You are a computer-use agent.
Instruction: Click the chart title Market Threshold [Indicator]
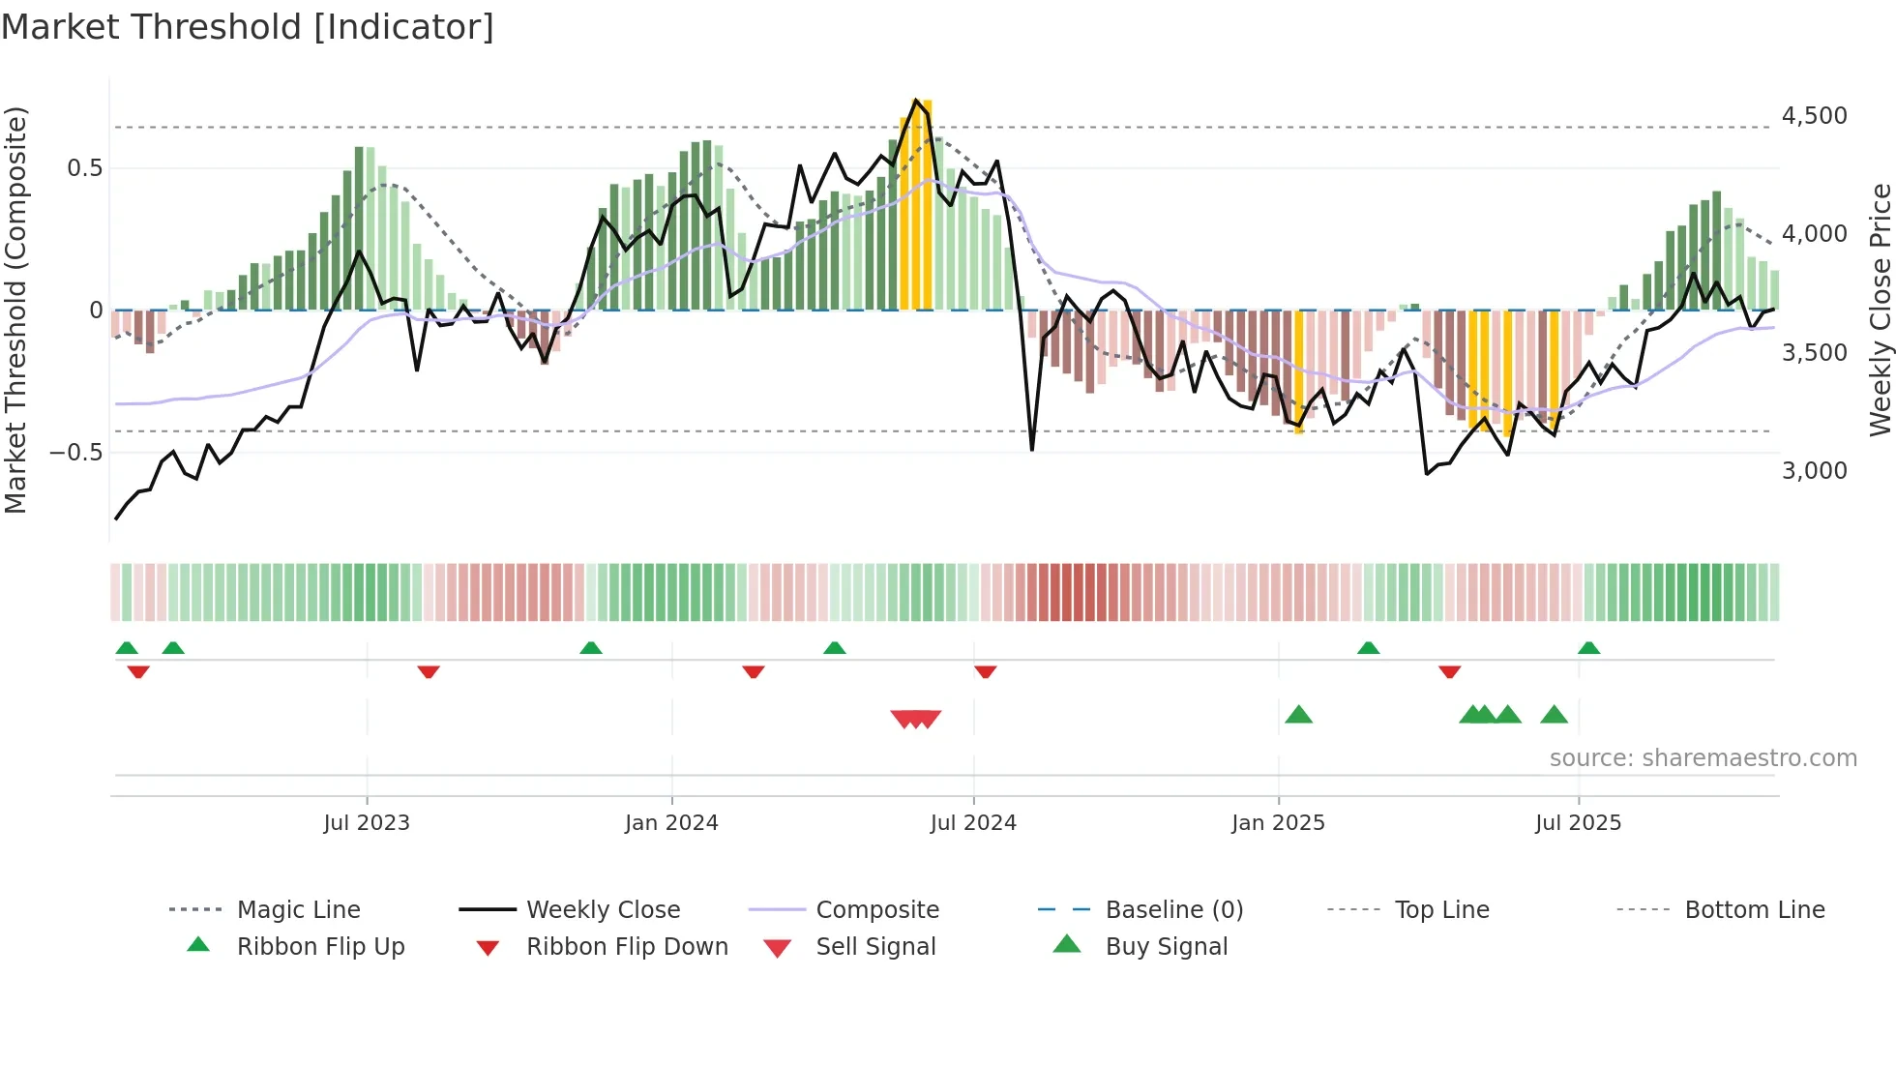pos(248,27)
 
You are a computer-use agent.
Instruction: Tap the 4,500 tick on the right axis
pos(1814,116)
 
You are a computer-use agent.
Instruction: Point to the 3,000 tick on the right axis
pos(1814,471)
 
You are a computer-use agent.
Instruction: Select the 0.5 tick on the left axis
pos(84,168)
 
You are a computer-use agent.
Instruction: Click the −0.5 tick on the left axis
pos(76,453)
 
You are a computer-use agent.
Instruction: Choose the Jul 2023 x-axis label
pos(367,823)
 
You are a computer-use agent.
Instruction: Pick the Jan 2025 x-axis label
pos(1278,823)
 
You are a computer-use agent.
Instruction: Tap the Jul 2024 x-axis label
pos(973,823)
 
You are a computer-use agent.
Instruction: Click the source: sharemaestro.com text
pos(1703,758)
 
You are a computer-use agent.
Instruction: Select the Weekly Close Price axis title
pos(1880,310)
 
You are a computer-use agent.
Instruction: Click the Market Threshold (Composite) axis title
pos(15,310)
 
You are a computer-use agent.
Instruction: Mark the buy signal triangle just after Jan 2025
pos(1298,715)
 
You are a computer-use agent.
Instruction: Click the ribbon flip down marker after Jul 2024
pos(985,671)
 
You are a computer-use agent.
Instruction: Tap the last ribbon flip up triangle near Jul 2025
pos(1588,648)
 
